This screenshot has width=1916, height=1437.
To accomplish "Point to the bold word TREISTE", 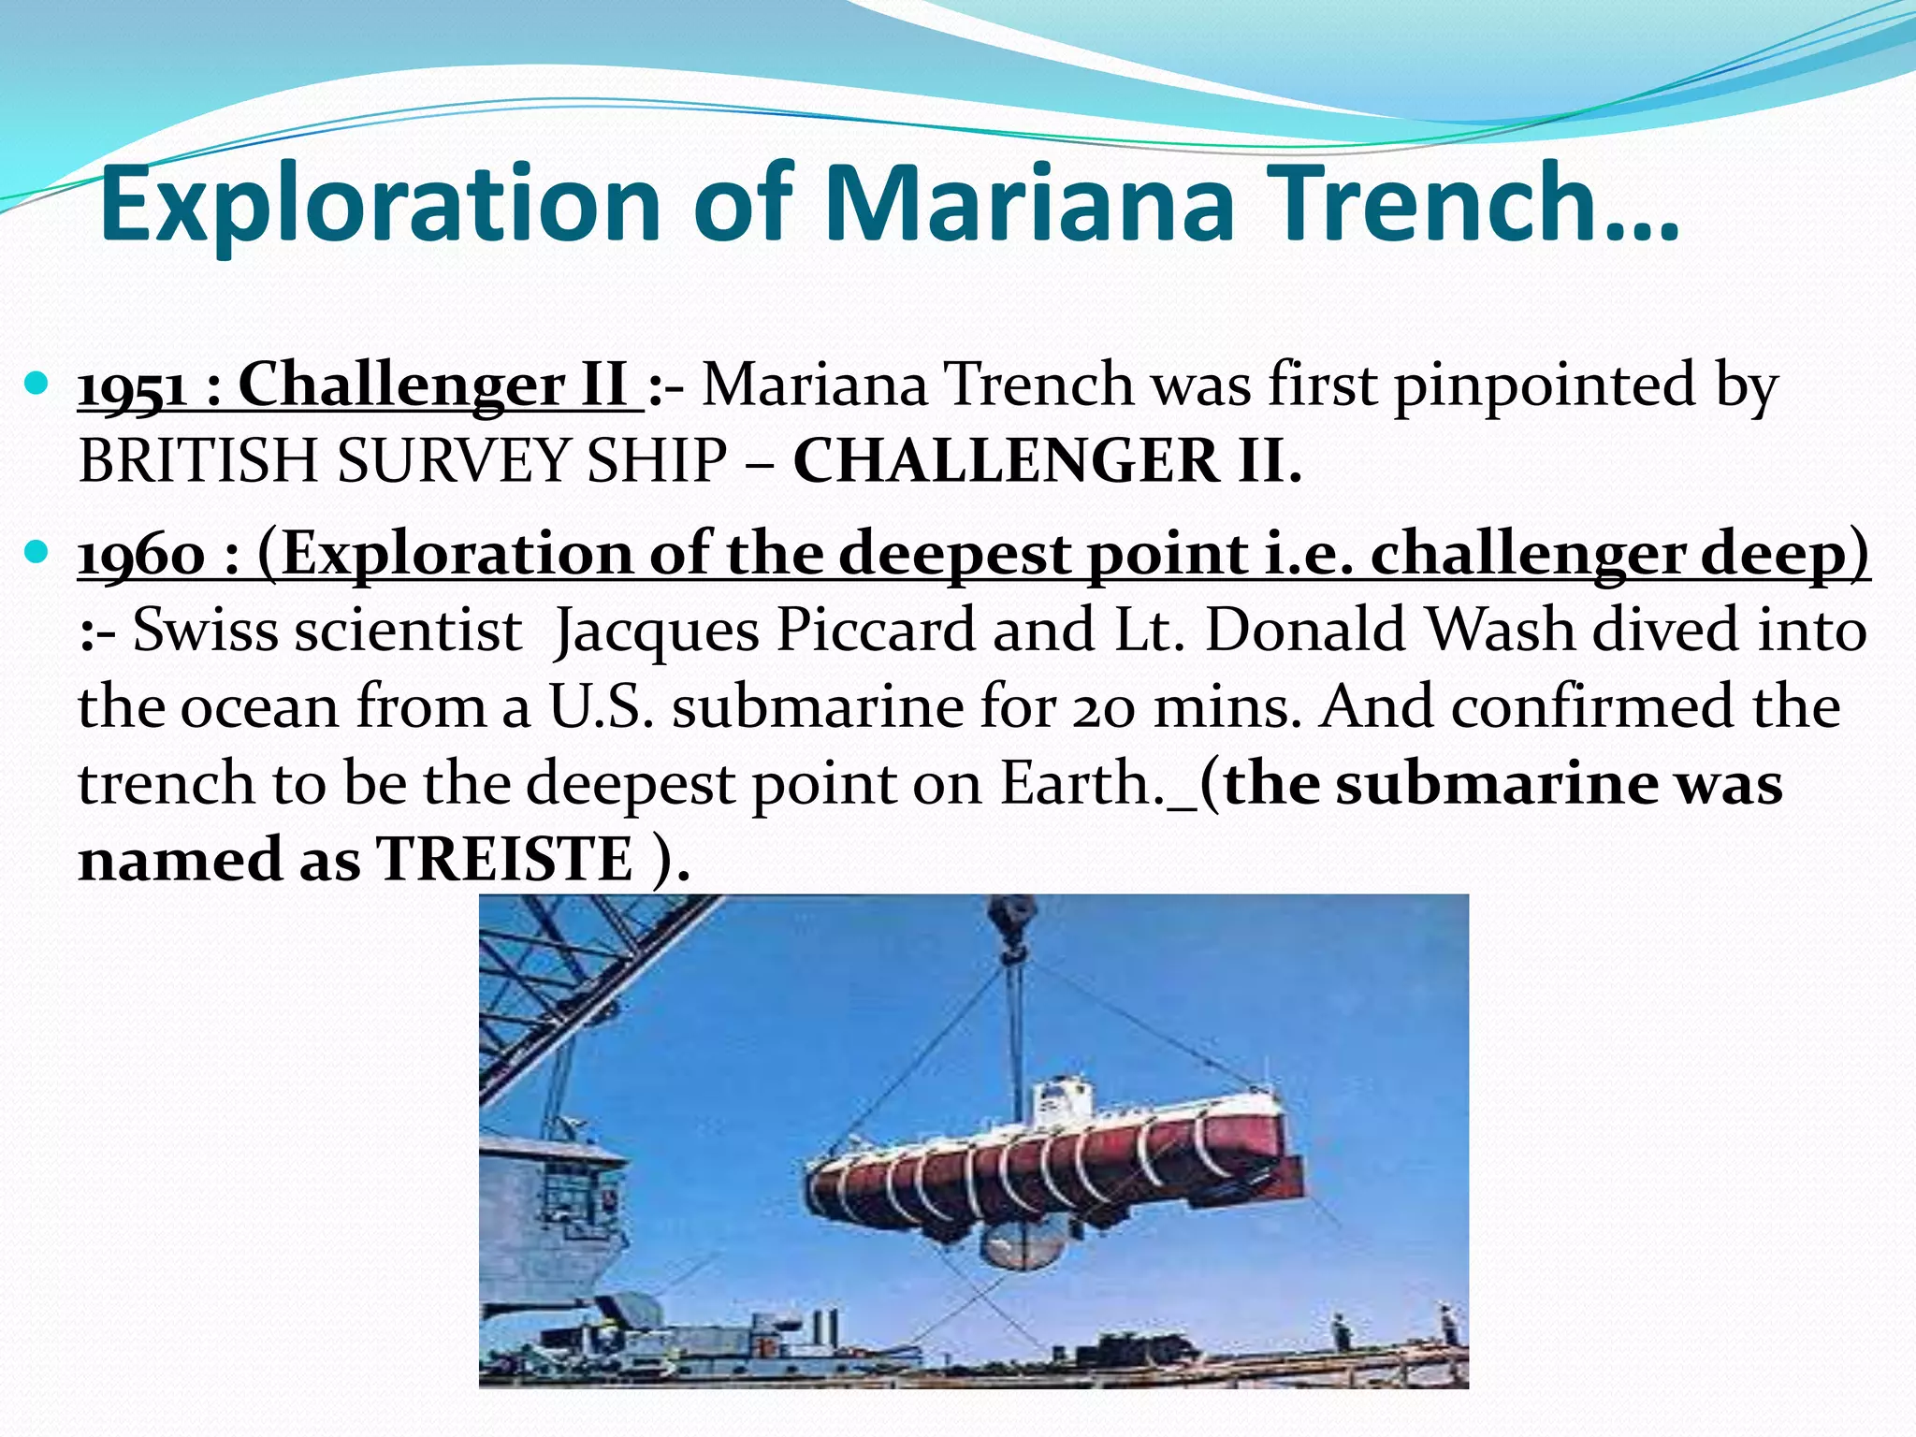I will (504, 859).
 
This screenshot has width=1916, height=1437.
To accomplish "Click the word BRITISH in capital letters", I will (198, 461).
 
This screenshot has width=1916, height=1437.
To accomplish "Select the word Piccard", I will (877, 631).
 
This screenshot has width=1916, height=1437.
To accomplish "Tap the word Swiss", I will (205, 631).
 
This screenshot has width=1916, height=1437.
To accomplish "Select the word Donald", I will (1306, 631).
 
